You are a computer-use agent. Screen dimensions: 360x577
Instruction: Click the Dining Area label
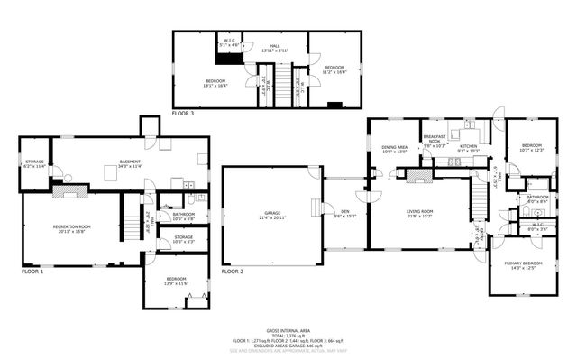pos(394,148)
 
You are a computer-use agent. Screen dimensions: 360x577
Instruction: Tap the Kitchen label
pos(469,148)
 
